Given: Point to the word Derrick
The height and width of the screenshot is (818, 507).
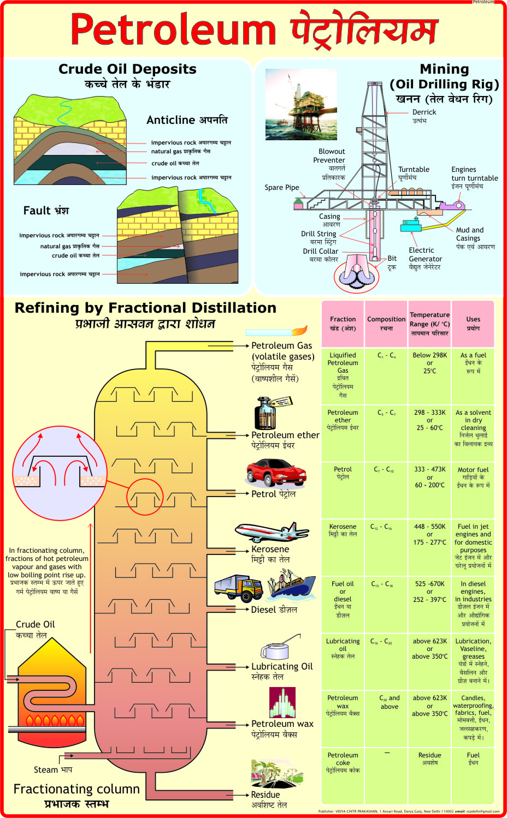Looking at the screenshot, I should [x=424, y=112].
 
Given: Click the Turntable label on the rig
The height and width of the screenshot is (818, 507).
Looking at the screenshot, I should [x=414, y=170].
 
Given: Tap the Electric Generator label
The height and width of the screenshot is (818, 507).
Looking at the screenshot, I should [x=425, y=255].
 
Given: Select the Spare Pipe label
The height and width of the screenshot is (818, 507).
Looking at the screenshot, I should [x=281, y=188].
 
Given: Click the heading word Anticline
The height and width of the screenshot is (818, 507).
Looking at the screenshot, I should [x=170, y=120].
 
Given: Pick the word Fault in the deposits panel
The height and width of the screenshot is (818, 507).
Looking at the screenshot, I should [x=37, y=211].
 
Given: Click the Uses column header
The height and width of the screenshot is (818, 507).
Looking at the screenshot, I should [x=473, y=319].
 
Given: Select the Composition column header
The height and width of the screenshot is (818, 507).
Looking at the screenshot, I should [x=386, y=319].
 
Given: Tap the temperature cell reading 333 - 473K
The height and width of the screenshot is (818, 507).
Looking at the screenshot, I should [x=429, y=469].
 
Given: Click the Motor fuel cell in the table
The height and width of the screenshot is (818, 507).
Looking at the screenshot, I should [x=473, y=470].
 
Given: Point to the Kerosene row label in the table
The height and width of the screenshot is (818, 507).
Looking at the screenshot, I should [x=343, y=527].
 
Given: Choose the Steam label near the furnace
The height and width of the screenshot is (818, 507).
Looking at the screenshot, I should [x=46, y=770].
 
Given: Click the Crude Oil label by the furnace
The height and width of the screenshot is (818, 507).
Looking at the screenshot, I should [x=35, y=624].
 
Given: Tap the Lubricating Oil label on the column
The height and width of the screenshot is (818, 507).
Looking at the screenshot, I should [x=282, y=666].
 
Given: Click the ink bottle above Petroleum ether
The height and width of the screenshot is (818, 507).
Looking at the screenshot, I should [x=267, y=413].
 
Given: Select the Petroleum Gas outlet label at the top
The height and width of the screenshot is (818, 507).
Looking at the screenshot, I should [x=281, y=345].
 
